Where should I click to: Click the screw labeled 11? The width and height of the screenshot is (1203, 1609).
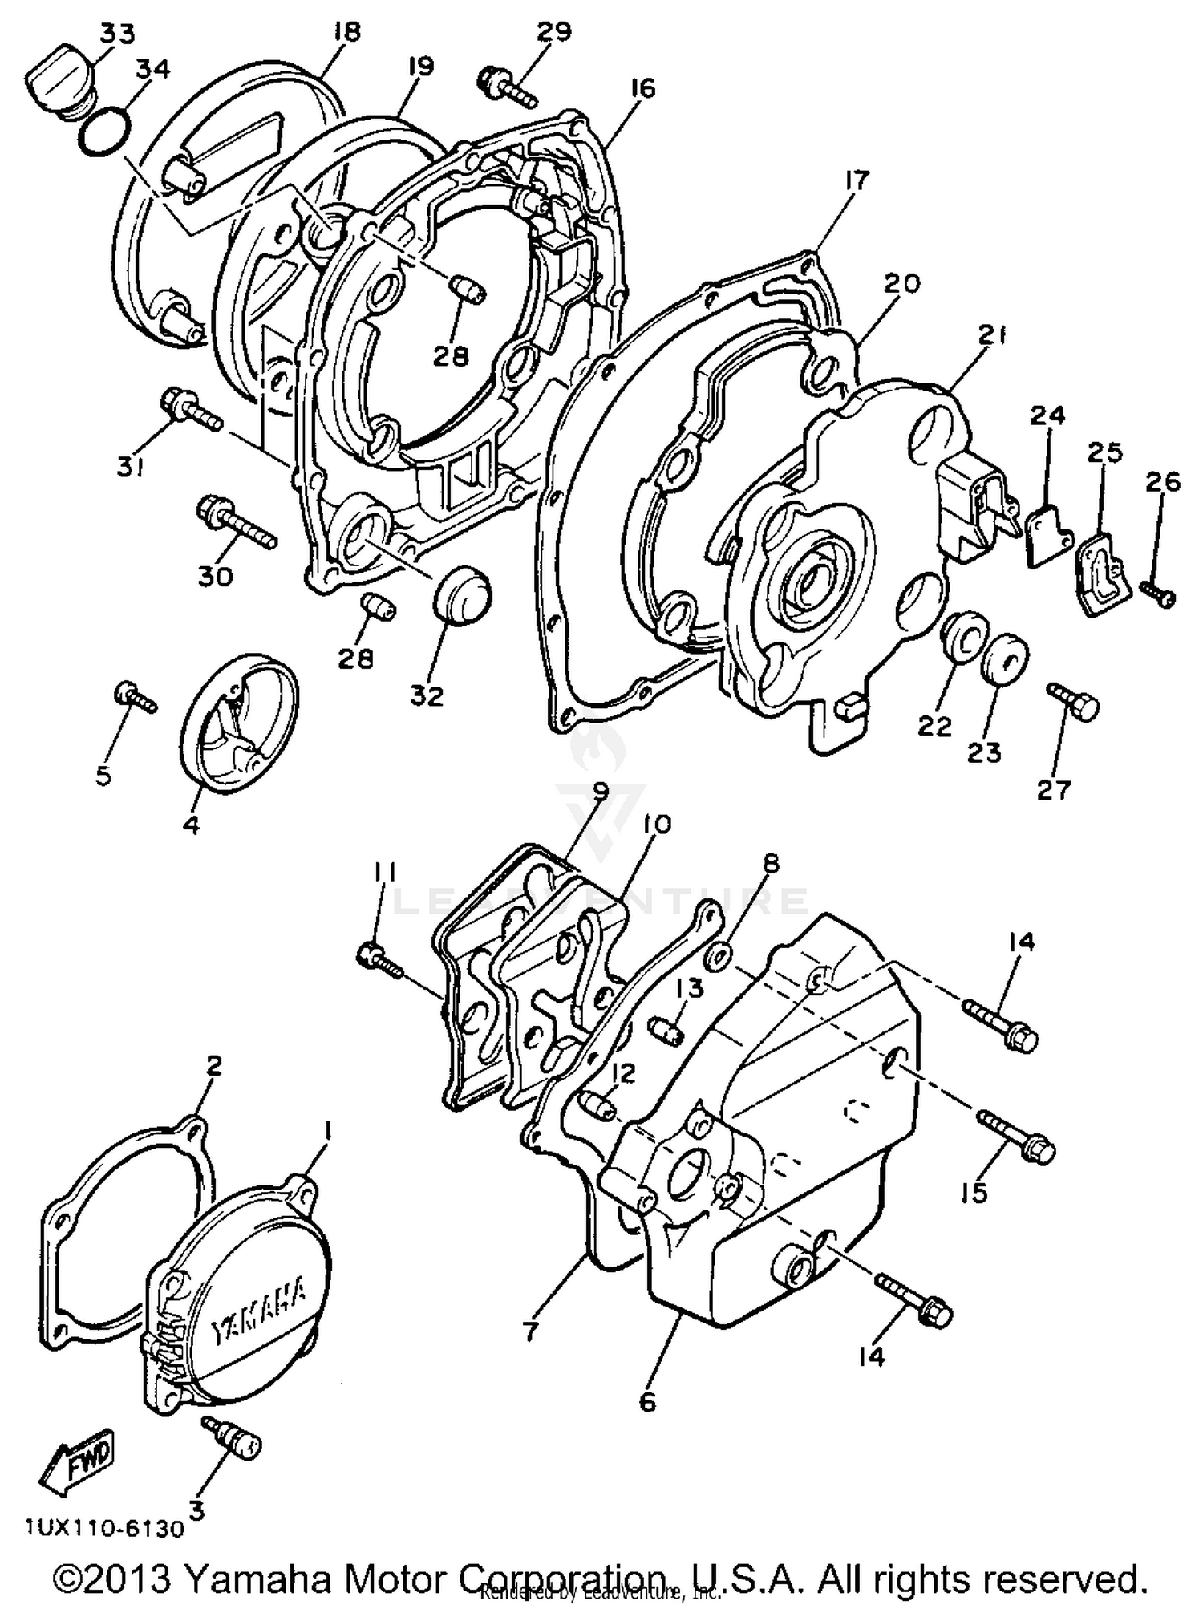pos(381,959)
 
